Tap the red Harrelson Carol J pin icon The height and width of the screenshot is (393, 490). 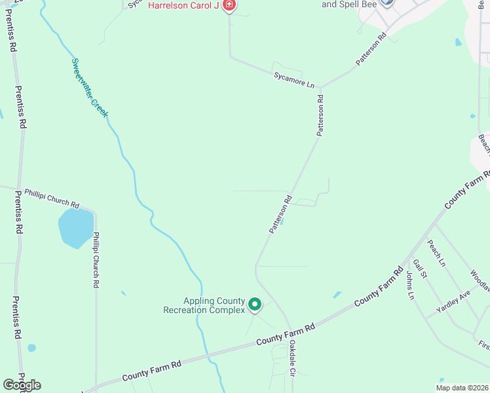pos(229,6)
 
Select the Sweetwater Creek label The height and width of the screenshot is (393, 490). pos(89,87)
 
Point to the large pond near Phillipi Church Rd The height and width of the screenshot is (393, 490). pos(75,227)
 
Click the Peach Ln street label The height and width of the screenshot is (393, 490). pos(436,253)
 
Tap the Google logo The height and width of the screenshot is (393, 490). pos(22,385)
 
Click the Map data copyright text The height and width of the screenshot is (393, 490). pos(461,388)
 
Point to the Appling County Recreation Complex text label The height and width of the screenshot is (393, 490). pos(203,305)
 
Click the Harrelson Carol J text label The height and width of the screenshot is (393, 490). pos(183,5)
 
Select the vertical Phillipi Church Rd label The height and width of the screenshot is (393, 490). pos(96,260)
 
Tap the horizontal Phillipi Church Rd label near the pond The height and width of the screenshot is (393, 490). pos(52,198)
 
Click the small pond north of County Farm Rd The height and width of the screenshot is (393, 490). pos(337,295)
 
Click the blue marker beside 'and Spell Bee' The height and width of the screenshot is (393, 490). pos(386,3)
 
